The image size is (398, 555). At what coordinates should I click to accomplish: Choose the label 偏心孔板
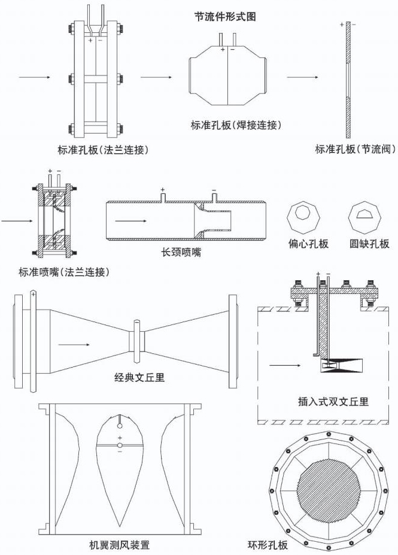(x=307, y=244)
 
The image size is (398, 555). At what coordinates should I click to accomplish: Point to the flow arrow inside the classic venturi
(x=74, y=345)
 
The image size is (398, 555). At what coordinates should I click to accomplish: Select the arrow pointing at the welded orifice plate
(x=156, y=78)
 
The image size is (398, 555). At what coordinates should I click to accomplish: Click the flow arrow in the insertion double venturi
(x=286, y=363)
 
